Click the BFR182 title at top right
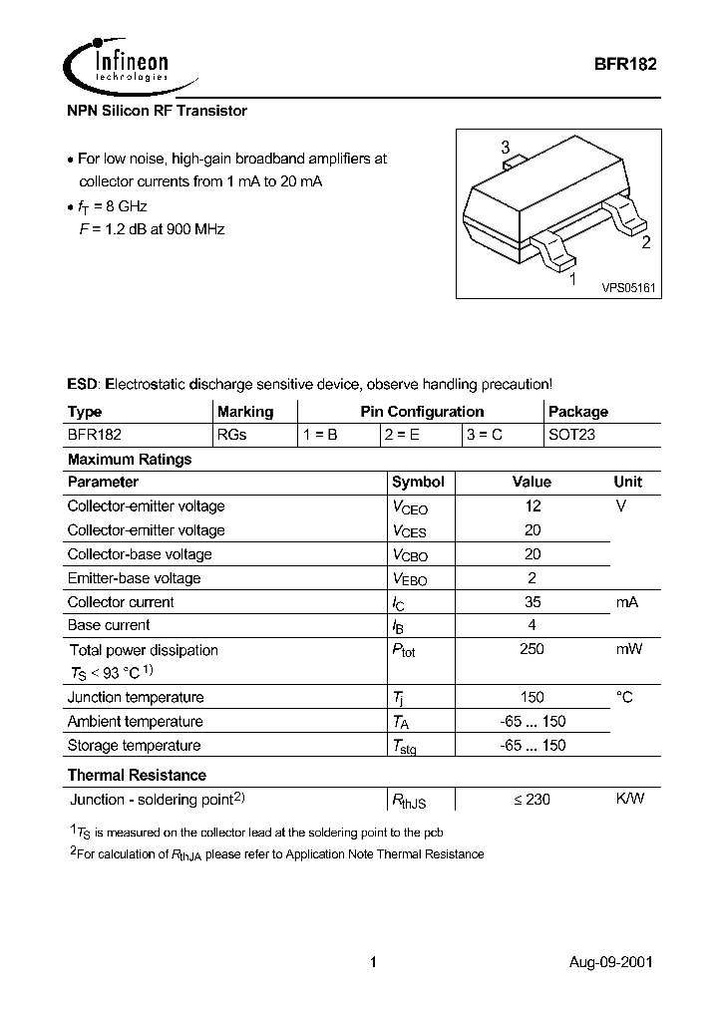tap(624, 60)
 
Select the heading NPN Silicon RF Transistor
tap(157, 111)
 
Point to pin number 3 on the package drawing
tap(506, 149)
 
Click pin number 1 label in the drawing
tap(571, 280)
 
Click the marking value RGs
tap(232, 435)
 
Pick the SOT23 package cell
tap(571, 435)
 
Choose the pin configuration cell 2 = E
tap(403, 435)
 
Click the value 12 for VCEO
tap(533, 505)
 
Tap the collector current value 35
tap(533, 601)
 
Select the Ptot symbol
tap(404, 650)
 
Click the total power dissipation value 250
tap(533, 649)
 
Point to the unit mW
tap(628, 649)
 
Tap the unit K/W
tap(629, 799)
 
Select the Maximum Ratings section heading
tap(130, 460)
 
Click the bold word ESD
tap(83, 384)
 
